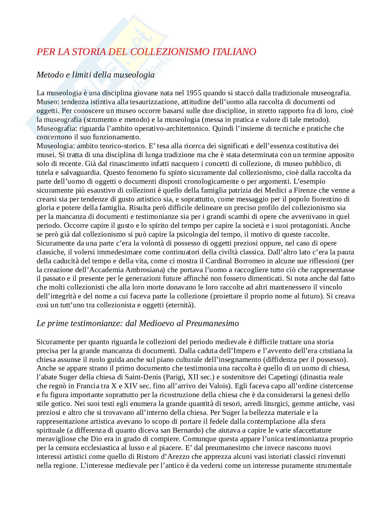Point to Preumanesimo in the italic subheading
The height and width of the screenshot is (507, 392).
[x=212, y=323]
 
